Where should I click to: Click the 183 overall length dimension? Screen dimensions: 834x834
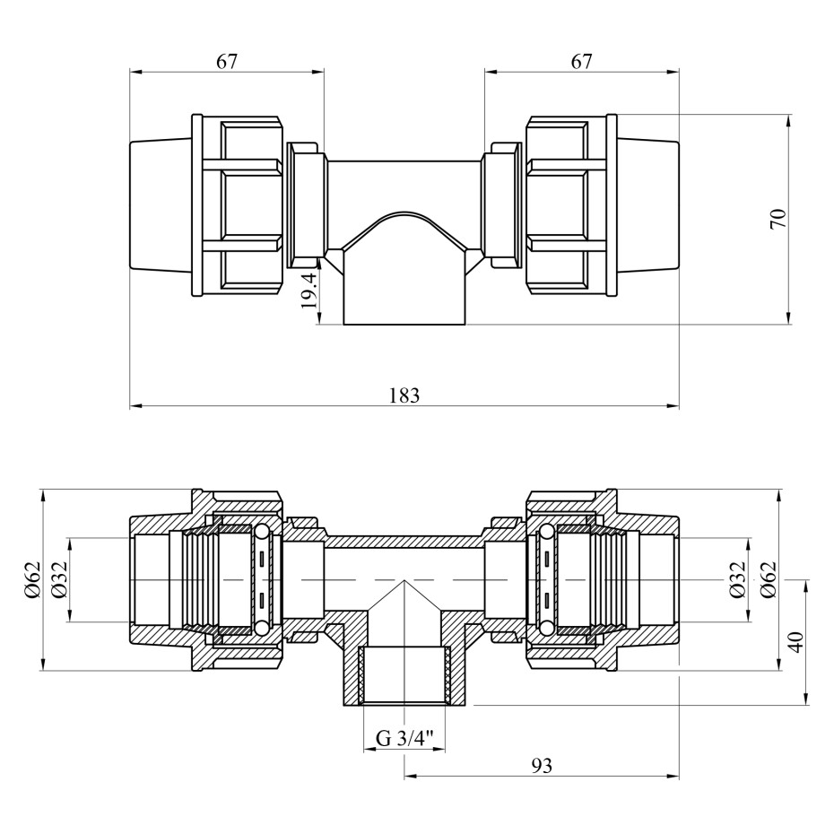tap(404, 395)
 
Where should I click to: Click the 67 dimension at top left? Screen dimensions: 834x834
tap(226, 61)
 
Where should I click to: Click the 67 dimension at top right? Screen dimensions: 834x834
tap(581, 61)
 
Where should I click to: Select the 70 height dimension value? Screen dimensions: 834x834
tap(778, 218)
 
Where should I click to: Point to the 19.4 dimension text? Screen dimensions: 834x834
tap(308, 291)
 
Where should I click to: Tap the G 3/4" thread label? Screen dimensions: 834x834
tap(404, 739)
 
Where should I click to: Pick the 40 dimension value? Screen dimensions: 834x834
tap(796, 642)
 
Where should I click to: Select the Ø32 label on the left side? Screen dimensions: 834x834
tap(58, 579)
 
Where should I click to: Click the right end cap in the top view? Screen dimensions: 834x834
tap(647, 204)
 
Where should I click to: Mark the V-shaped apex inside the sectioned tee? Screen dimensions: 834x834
tap(404, 584)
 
